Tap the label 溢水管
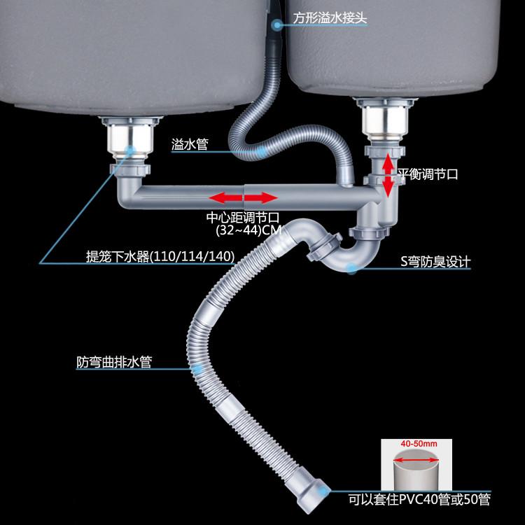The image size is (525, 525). [x=189, y=145]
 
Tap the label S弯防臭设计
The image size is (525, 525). [x=435, y=262]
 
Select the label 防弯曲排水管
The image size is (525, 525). [x=115, y=363]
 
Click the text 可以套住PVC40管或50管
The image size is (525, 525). [x=420, y=500]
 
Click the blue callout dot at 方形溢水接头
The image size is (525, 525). [x=277, y=24]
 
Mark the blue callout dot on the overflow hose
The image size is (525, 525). [x=260, y=149]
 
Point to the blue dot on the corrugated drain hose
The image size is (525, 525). [x=197, y=367]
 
